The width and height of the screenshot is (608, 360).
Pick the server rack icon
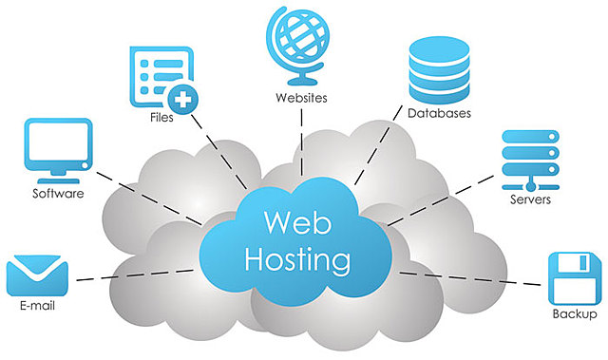pyautogui.click(x=528, y=159)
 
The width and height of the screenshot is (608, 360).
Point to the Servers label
pyautogui.click(x=529, y=200)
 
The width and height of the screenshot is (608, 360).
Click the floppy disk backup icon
pyautogui.click(x=574, y=276)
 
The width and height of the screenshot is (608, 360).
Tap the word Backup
pyautogui.click(x=575, y=314)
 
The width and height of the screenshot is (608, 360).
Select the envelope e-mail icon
pyautogui.click(x=39, y=276)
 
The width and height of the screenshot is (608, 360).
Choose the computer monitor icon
pyautogui.click(x=60, y=149)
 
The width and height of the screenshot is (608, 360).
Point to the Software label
pyautogui.click(x=58, y=194)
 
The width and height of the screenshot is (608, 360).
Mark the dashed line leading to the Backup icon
pyautogui.click(x=475, y=277)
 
